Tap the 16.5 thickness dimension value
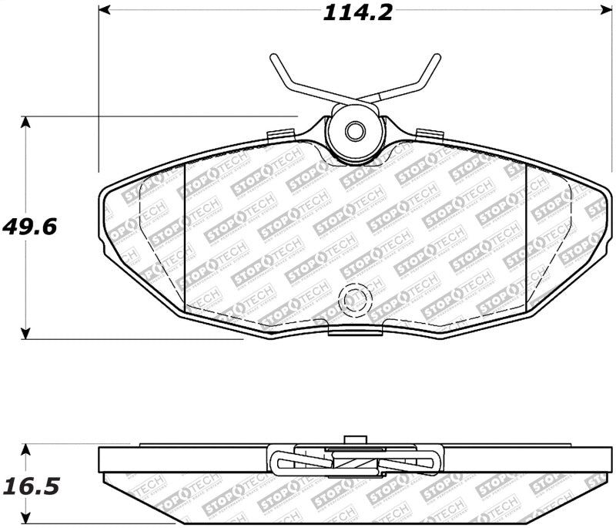pos(32,487)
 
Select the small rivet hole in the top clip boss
pos(354,131)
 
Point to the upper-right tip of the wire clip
pos(437,58)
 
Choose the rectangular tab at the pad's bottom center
pos(355,329)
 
